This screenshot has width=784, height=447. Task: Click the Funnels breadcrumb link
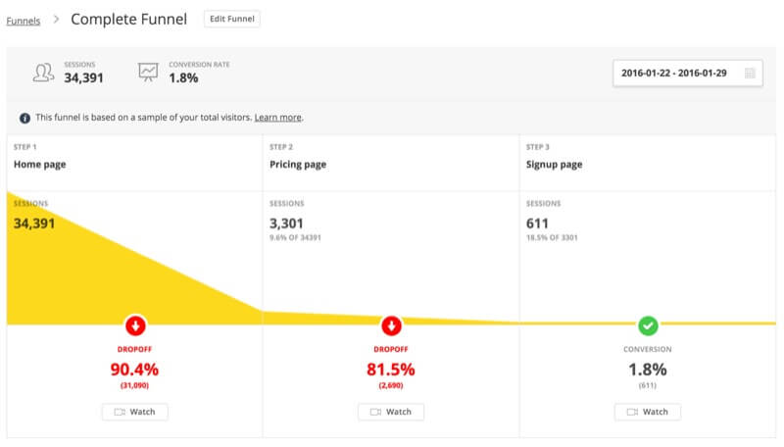[24, 20]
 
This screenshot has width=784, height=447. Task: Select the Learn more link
[278, 118]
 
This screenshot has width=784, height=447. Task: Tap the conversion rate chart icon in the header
[148, 73]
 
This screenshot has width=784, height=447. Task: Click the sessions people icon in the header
[43, 73]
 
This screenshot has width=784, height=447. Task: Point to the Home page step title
[40, 165]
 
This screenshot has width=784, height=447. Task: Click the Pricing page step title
[298, 165]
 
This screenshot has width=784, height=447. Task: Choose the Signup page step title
[554, 165]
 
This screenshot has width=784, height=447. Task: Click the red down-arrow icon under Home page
[134, 325]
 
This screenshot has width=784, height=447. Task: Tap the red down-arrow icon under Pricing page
[391, 325]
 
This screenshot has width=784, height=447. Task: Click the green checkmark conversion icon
[648, 325]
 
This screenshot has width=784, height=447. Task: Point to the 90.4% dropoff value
[134, 370]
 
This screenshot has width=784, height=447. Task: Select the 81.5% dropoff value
[391, 370]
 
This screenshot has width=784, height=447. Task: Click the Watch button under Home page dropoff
[134, 412]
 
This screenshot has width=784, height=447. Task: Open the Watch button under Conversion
[648, 412]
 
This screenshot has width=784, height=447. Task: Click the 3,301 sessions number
[287, 223]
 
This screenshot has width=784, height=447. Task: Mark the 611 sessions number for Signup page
[537, 223]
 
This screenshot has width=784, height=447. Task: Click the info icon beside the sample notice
[24, 118]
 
